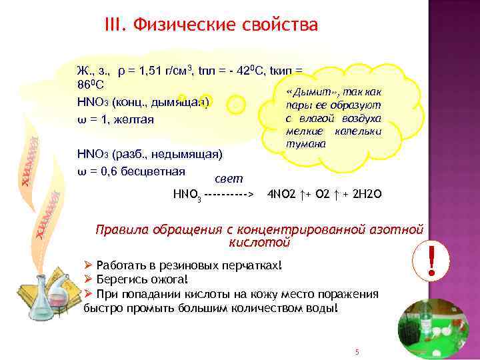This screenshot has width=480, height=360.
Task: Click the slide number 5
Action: (x=357, y=351)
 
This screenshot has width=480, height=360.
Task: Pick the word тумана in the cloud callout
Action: (x=303, y=144)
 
